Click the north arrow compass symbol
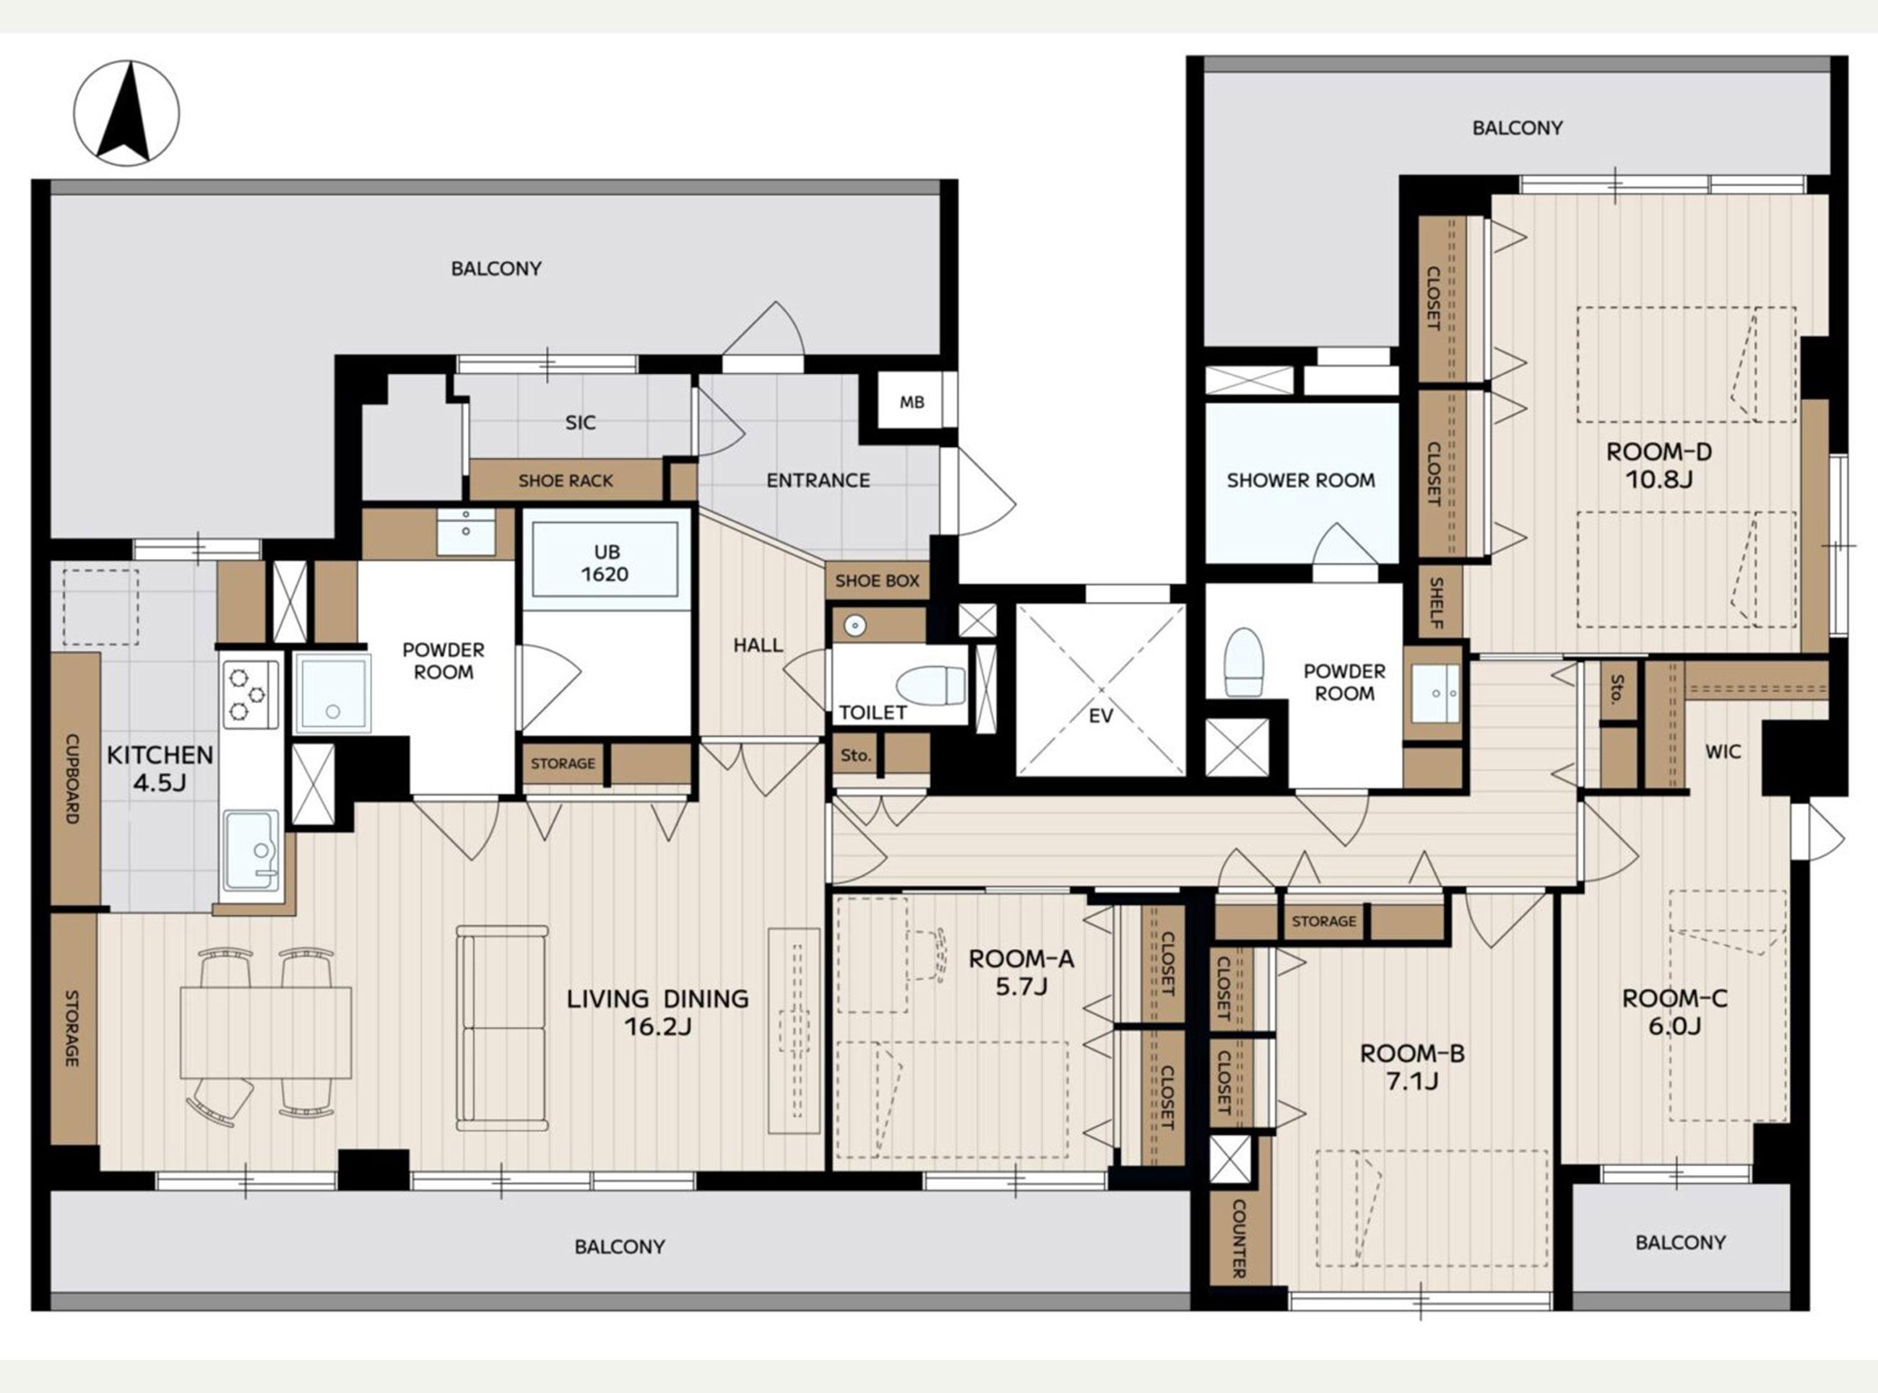126,113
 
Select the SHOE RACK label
566,481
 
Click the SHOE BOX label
878,580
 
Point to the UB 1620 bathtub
605,560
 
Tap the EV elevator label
1101,716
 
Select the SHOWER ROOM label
1300,481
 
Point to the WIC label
1722,751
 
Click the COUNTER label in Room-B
1239,1239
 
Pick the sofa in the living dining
502,1028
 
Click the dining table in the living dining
266,1033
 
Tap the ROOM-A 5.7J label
1021,972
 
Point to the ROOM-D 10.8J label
1658,466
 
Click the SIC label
581,422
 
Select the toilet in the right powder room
1244,662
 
